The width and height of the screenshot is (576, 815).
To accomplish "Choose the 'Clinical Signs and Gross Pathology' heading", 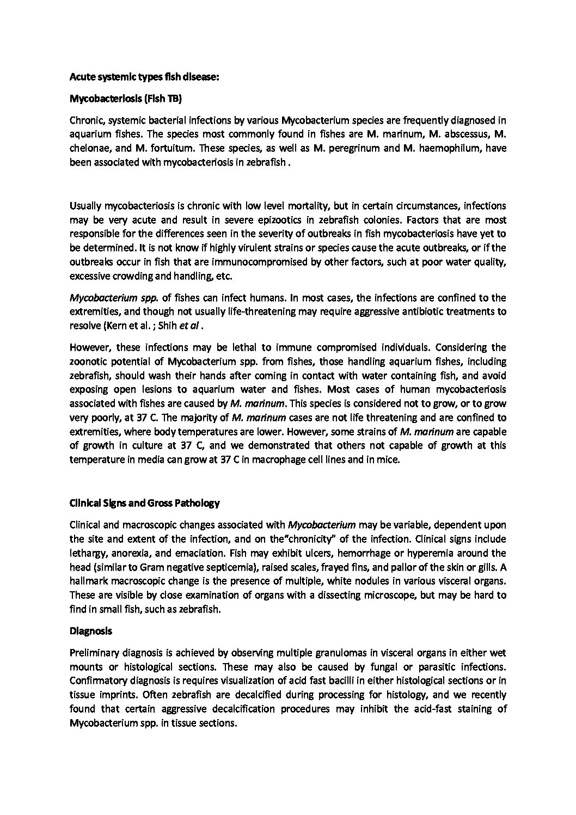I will (x=145, y=503).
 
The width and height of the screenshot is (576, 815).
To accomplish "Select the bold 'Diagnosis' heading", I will (x=91, y=632).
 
